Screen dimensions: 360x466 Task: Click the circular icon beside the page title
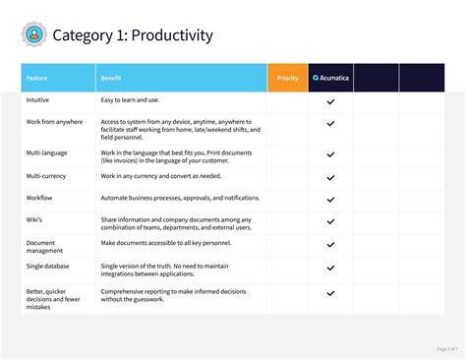click(x=33, y=35)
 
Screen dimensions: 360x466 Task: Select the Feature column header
click(x=36, y=78)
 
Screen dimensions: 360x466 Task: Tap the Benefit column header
click(x=111, y=78)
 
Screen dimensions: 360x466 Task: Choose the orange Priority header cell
click(x=287, y=78)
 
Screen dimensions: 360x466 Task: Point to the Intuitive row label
click(x=38, y=100)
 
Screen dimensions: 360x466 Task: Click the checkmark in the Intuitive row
click(x=330, y=101)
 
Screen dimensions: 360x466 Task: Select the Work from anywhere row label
click(x=55, y=121)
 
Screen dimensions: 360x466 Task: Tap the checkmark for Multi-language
click(x=330, y=154)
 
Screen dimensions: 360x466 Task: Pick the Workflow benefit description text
click(x=180, y=198)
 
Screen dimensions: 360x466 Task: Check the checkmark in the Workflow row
click(x=330, y=198)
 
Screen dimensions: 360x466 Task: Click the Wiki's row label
click(x=34, y=219)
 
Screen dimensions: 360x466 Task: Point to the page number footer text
click(x=447, y=348)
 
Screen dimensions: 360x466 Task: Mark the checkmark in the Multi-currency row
click(x=330, y=176)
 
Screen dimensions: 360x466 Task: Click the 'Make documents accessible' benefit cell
click(x=164, y=242)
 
